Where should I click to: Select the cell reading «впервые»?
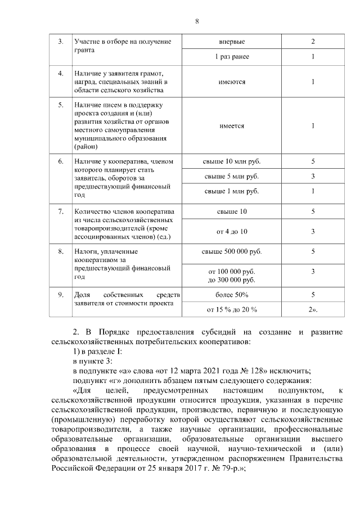(232, 42)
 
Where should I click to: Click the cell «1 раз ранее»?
(232, 57)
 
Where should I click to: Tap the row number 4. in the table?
(61, 74)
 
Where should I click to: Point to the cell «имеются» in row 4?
(232, 82)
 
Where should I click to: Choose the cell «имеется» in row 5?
(232, 126)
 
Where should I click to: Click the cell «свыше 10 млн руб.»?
(232, 162)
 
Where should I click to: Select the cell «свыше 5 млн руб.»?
(232, 177)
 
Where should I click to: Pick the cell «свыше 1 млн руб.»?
(232, 192)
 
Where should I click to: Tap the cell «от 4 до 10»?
(232, 231)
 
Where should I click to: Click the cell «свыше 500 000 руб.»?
(232, 251)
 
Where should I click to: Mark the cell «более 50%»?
(232, 294)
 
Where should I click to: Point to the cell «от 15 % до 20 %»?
(232, 309)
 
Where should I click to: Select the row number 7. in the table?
(61, 212)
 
